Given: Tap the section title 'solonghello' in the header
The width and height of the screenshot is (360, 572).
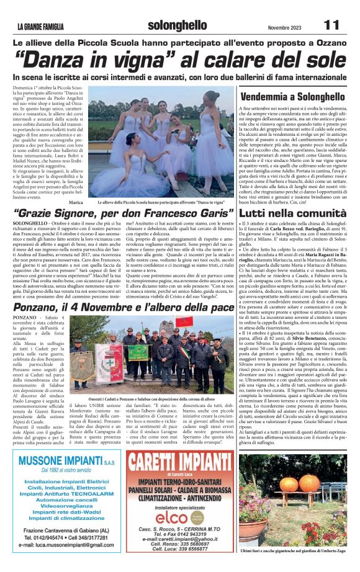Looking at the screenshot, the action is pos(178,25).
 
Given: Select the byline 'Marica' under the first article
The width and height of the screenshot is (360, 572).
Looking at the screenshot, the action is pos(76,203).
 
